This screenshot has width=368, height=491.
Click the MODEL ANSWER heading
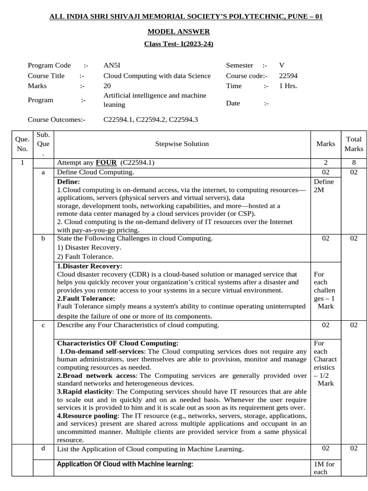pos(178,32)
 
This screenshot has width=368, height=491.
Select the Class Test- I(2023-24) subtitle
pos(178,44)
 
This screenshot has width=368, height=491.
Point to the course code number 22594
pos(288,75)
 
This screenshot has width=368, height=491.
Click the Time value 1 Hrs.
pos(288,86)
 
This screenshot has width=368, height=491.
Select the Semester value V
pos(282,65)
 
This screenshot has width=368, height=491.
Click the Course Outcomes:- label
pos(57,119)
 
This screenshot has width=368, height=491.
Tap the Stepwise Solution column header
pos(182,143)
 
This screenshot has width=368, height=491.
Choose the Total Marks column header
pos(354,143)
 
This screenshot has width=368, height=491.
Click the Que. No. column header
pos(22,143)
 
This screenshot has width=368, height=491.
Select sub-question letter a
pos(44,172)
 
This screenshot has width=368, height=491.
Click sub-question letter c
pos(44,325)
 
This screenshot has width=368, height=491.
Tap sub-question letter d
pos(44,449)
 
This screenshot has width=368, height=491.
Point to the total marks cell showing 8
pos(354,163)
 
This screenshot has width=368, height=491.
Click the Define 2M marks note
pos(324,186)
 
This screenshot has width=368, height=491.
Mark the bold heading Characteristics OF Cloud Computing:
pos(117,343)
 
